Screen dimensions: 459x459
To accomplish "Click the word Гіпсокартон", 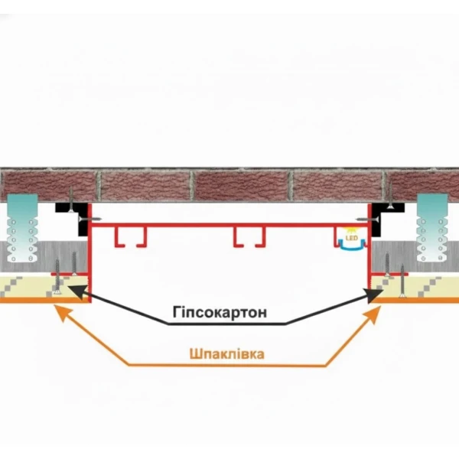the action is (220, 313).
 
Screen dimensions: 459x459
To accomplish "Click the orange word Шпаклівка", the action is (227, 354).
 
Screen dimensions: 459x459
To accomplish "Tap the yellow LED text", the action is (352, 238).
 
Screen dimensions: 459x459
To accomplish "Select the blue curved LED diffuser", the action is (352, 246).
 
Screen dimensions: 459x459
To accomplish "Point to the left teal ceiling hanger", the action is (22, 228).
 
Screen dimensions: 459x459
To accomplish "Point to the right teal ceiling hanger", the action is (432, 228).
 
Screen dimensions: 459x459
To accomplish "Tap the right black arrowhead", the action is (375, 295).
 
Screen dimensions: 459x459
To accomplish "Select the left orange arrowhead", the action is (63, 313).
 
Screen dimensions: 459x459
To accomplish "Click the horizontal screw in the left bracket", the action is (90, 219).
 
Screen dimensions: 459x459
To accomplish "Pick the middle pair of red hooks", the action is (249, 236).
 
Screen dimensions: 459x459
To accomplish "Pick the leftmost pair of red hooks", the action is (130, 236).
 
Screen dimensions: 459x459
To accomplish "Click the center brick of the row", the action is (241, 186).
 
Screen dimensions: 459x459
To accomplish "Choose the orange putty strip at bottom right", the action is (415, 301).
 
